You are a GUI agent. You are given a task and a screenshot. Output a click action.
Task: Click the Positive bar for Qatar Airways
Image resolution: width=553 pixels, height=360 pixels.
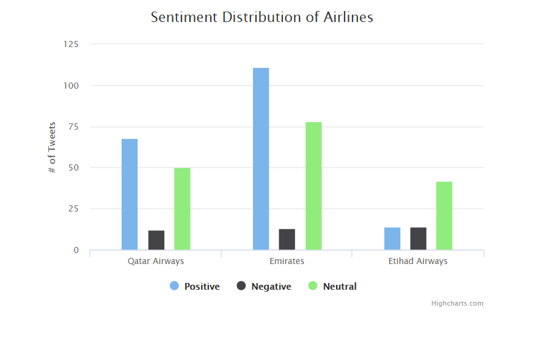[x=130, y=194]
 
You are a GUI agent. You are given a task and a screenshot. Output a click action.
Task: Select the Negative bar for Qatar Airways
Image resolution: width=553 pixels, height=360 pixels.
[x=156, y=240]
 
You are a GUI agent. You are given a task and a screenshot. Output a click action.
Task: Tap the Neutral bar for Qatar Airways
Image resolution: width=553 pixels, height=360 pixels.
[x=182, y=208]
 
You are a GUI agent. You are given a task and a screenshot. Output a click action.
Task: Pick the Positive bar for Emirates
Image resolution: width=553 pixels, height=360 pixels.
[x=261, y=159]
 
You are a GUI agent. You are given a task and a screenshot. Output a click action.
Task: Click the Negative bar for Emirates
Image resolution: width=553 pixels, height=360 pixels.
[x=287, y=240]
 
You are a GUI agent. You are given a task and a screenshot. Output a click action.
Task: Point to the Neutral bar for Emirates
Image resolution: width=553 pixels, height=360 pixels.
[x=313, y=186]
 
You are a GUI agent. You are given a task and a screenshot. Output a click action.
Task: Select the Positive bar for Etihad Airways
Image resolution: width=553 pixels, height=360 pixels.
[x=392, y=238]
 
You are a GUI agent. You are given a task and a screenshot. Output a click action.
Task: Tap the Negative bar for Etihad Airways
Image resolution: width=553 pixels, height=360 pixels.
[x=418, y=238]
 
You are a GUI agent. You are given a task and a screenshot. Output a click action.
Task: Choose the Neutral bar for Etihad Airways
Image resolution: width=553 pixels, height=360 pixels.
[x=444, y=216]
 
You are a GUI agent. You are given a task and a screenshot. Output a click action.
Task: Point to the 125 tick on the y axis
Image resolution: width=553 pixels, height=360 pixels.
[x=71, y=44]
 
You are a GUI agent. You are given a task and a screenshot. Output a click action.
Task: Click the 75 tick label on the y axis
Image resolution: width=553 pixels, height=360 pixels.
[x=74, y=127]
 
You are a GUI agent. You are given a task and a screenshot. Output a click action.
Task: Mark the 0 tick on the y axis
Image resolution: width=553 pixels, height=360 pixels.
[x=76, y=250]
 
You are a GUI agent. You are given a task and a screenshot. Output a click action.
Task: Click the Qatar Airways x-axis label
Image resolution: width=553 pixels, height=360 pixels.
[x=156, y=261]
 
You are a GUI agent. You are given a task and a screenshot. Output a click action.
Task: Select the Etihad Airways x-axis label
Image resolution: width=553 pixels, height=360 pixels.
[x=418, y=261]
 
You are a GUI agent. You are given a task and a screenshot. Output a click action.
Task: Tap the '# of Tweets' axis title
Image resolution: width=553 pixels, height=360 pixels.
[x=53, y=147]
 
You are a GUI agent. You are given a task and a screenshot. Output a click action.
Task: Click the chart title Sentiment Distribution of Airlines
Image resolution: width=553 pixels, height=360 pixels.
[x=262, y=17]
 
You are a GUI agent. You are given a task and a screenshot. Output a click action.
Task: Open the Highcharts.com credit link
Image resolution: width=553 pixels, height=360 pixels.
[x=457, y=303]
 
